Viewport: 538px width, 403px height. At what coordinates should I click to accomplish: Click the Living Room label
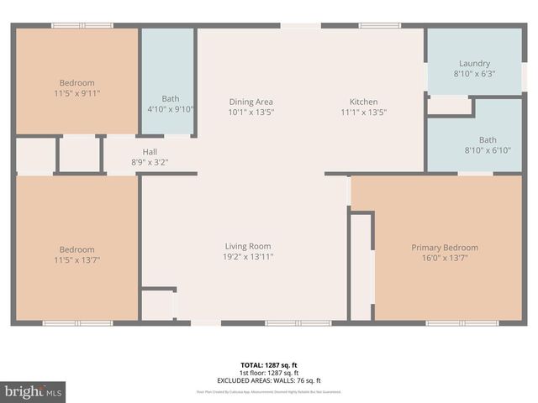tap(248, 247)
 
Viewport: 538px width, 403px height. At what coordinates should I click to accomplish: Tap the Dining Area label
tap(251, 102)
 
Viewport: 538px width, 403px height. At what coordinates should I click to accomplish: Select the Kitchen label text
tap(364, 102)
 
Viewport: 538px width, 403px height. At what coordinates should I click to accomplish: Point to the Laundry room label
tap(474, 64)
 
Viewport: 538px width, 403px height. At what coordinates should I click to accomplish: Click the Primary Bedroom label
tap(445, 248)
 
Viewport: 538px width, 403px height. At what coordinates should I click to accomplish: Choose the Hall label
tap(150, 152)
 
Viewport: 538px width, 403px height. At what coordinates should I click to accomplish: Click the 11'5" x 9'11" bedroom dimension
tap(76, 93)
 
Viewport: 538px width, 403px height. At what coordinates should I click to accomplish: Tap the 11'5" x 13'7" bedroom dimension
tap(76, 259)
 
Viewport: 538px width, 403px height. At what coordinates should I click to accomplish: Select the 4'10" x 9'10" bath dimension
tap(171, 109)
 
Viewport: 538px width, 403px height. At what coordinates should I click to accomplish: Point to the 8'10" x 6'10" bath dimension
tap(488, 150)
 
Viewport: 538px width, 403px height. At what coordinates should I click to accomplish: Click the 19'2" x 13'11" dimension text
tap(248, 257)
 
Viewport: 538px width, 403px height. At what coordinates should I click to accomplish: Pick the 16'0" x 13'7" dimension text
tap(445, 258)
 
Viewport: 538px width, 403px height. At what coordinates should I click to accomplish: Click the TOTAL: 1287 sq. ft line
tap(269, 365)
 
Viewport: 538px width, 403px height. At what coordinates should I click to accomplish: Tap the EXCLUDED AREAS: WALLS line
tap(269, 380)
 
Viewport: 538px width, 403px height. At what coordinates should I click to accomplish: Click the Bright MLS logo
tap(33, 392)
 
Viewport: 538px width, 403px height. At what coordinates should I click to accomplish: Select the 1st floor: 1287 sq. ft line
tap(269, 373)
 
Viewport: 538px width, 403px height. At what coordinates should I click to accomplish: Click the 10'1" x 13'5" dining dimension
tap(251, 112)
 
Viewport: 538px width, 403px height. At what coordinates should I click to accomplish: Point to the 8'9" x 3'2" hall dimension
tap(150, 162)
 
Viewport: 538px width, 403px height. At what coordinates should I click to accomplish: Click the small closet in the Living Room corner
tap(158, 305)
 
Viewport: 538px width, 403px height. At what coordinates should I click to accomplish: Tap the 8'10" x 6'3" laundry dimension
tap(474, 74)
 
